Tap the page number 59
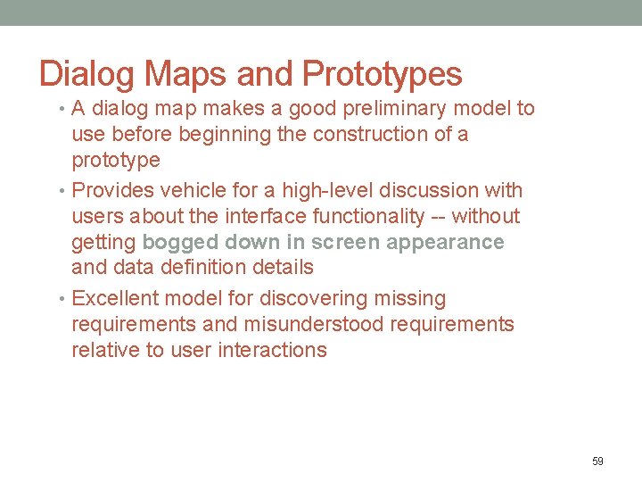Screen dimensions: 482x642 click(x=597, y=461)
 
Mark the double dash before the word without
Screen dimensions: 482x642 click(x=440, y=217)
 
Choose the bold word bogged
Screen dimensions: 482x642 click(x=181, y=243)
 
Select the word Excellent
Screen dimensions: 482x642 click(x=116, y=299)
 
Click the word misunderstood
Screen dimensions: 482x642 click(x=314, y=324)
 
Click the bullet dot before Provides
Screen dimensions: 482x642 click(x=62, y=191)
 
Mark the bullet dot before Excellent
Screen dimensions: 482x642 click(x=62, y=299)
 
